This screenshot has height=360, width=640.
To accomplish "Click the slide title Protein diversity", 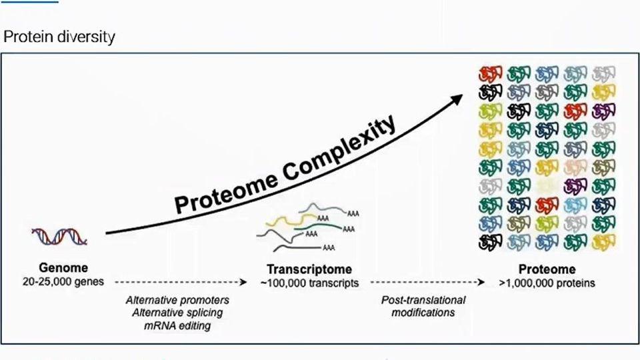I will tap(59, 36).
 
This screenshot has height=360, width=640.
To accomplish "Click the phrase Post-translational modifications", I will tap(423, 306).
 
